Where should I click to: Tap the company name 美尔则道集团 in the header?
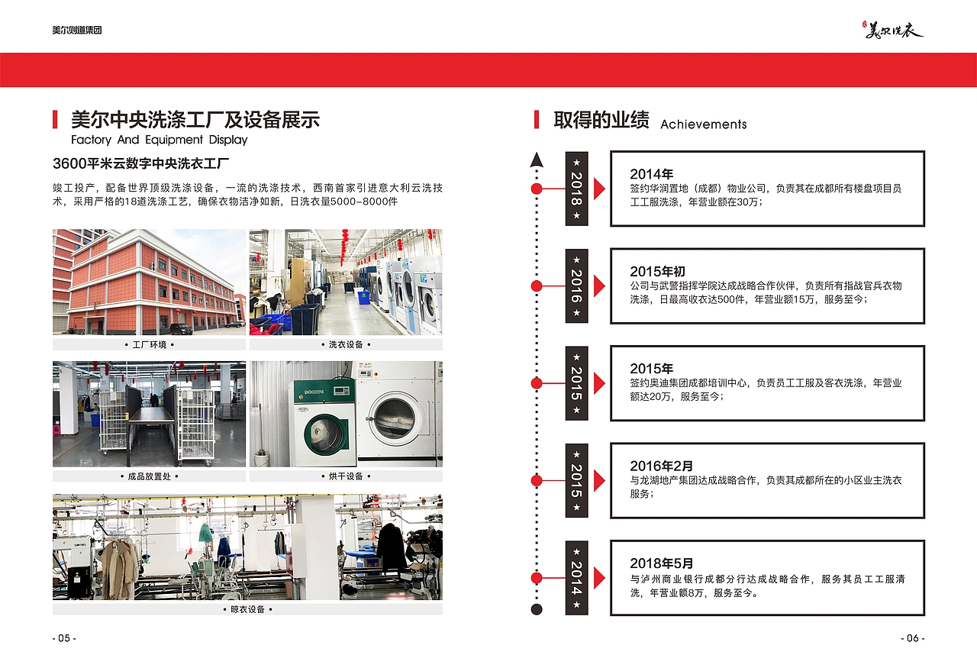point(76,31)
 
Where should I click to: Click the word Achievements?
point(703,124)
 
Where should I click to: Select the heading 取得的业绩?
point(601,120)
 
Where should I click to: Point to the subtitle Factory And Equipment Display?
point(159,140)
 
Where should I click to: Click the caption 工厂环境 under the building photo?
point(149,344)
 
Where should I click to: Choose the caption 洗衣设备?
point(346,344)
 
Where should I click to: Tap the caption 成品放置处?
point(149,476)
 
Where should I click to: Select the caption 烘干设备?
point(346,476)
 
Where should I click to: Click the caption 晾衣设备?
point(247,609)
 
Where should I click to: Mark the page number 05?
point(63,638)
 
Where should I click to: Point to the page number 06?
point(912,638)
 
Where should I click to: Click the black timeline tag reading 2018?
point(576,189)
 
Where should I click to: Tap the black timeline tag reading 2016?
point(576,286)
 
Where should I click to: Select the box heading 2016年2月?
point(661,466)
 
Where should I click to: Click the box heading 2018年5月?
point(661,563)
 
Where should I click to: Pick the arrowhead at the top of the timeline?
point(537,159)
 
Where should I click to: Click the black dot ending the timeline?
point(537,608)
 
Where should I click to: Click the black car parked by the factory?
point(180,329)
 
